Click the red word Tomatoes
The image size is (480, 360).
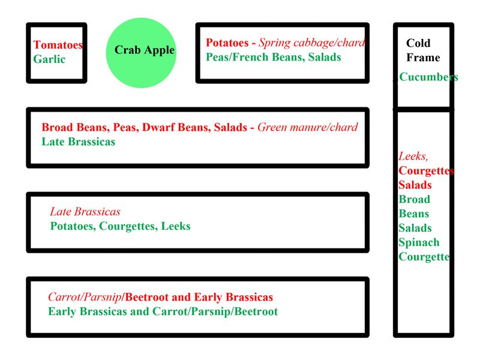pyautogui.click(x=58, y=44)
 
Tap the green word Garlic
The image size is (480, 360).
pyautogui.click(x=49, y=59)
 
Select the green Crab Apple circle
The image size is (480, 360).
pyautogui.click(x=141, y=53)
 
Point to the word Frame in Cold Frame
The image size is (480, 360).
pyautogui.click(x=423, y=58)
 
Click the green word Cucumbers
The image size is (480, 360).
pyautogui.click(x=428, y=77)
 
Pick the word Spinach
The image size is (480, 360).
pyautogui.click(x=419, y=242)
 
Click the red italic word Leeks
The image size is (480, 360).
pyautogui.click(x=413, y=157)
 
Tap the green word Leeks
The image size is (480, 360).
pyautogui.click(x=176, y=226)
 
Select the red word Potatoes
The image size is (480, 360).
pyautogui.click(x=227, y=43)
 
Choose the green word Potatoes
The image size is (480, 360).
pyautogui.click(x=73, y=226)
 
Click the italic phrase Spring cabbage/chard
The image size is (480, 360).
pyautogui.click(x=312, y=43)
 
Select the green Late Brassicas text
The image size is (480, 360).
pyautogui.click(x=79, y=142)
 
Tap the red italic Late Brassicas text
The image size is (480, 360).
pyautogui.click(x=85, y=212)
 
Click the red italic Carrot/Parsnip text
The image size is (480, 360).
pyautogui.click(x=85, y=297)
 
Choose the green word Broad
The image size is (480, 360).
pyautogui.click(x=414, y=199)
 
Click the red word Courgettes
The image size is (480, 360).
pyautogui.click(x=426, y=170)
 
